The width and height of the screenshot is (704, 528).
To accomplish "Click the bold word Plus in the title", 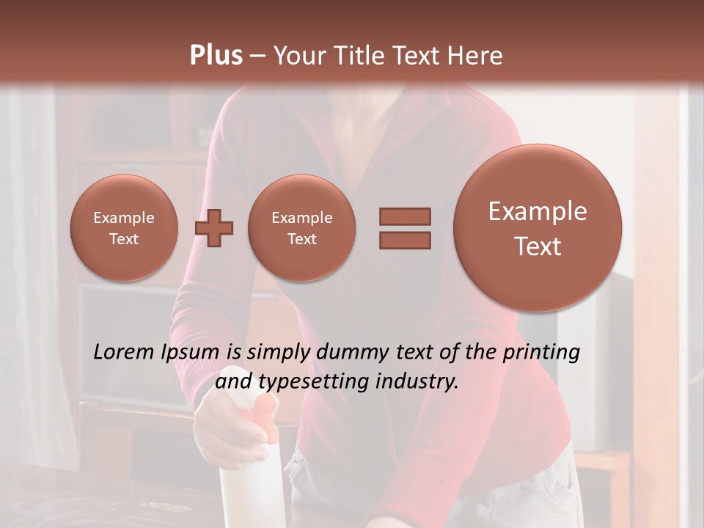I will (x=216, y=55).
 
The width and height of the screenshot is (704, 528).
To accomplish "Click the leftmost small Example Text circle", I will (x=124, y=228).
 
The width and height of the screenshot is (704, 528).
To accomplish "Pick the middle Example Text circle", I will (x=302, y=228).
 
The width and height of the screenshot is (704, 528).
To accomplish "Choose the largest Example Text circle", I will (x=538, y=228).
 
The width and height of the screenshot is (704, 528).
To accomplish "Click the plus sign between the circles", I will (x=214, y=228).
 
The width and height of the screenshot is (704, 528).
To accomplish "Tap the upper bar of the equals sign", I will (x=405, y=216).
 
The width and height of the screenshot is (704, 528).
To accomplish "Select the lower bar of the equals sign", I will (x=405, y=240).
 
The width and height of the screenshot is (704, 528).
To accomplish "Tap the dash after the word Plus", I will (x=257, y=56).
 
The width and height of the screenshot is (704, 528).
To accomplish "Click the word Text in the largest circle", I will (x=538, y=246).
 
